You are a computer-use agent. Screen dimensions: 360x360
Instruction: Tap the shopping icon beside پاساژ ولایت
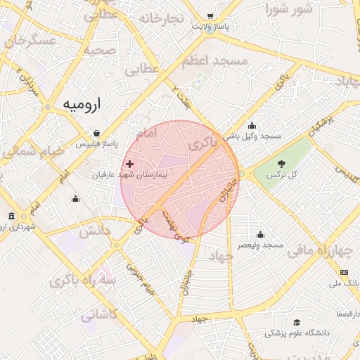[x=210, y=15]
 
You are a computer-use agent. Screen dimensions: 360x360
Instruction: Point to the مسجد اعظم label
[x=214, y=62]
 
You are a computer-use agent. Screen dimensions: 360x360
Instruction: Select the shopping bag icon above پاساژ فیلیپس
[x=96, y=132]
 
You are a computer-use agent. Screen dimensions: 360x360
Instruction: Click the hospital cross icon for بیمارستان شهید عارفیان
[x=129, y=164]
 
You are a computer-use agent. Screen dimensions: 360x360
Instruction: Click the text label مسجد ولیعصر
[x=260, y=245]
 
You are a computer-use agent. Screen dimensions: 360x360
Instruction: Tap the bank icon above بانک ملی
[x=344, y=272]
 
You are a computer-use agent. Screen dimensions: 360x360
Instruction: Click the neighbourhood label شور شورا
[x=288, y=9]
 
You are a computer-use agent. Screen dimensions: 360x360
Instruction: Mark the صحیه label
[x=99, y=51]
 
